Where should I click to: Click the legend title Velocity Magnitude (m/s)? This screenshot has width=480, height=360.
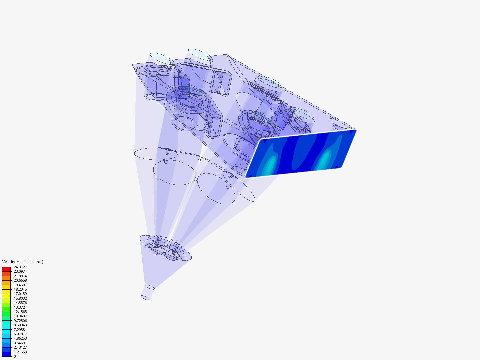click(23, 262)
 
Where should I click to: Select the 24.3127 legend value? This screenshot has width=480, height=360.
click(20, 267)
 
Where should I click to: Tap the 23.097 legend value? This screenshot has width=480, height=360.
click(19, 271)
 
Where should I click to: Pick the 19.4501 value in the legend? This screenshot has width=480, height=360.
click(20, 285)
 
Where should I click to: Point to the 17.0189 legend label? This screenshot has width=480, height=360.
click(20, 294)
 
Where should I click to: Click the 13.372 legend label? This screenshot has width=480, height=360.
click(19, 307)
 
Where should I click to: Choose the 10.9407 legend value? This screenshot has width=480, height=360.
click(20, 316)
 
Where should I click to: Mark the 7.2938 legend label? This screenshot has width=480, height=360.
click(19, 329)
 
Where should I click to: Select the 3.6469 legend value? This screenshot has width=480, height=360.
click(19, 343)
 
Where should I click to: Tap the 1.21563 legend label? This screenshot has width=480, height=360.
click(20, 352)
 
